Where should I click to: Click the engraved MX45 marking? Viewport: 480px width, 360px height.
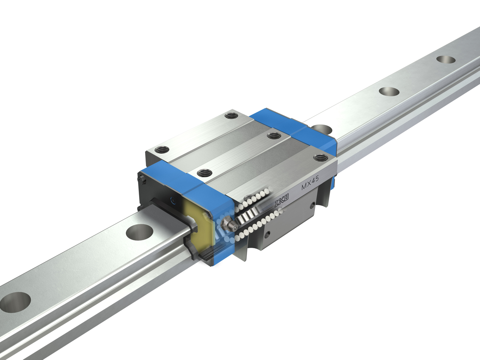pos(310,180)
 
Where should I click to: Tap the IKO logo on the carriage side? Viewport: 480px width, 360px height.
pos(282,200)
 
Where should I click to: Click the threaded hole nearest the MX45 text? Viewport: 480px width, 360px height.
pos(321,157)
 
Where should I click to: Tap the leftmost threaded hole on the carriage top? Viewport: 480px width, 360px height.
pos(162,150)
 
